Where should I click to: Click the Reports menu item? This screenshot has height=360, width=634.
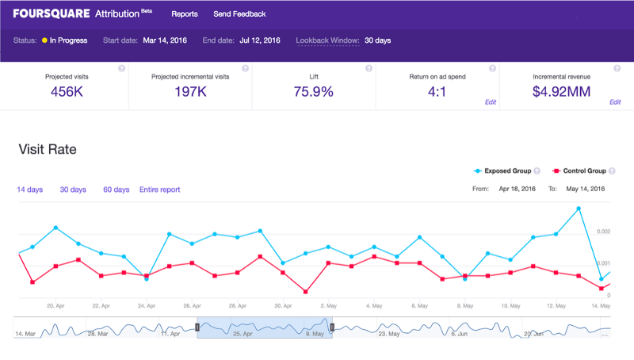point(185,13)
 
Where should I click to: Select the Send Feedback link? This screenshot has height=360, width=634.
point(239,13)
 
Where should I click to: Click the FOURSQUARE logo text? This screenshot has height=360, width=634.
point(52,13)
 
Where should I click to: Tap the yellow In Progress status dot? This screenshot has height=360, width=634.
point(44,40)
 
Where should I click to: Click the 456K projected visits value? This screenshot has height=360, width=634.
point(67,92)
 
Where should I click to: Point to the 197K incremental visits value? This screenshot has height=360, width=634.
point(190,92)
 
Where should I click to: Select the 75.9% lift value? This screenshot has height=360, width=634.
point(314,92)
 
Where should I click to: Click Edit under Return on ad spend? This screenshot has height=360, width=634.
point(491,102)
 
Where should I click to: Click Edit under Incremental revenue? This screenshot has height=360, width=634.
point(615,102)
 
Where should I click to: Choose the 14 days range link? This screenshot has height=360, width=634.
point(30,190)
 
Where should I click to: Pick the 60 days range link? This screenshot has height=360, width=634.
point(116,190)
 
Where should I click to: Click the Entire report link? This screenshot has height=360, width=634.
point(160,190)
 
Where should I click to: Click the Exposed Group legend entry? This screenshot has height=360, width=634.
point(502,170)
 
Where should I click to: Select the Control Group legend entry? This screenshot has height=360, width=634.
point(579,170)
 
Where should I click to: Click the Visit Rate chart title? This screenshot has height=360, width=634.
point(48,149)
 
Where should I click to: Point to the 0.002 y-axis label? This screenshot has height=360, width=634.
point(603,232)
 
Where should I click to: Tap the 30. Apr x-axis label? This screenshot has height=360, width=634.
point(283,306)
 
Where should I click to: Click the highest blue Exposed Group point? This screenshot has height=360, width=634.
point(579,209)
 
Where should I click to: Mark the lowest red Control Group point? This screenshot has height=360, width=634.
point(306,292)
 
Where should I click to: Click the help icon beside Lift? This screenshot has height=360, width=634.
point(369,68)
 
